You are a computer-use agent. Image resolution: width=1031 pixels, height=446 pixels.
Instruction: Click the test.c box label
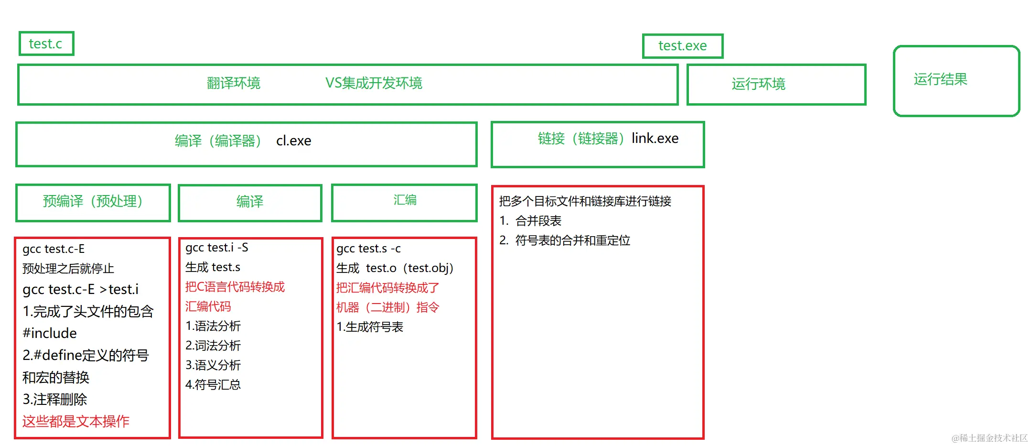(45, 44)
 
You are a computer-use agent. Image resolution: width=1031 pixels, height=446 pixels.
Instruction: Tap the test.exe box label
(682, 46)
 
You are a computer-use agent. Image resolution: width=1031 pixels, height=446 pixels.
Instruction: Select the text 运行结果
(940, 79)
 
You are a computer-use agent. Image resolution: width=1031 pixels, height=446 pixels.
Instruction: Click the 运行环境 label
(758, 84)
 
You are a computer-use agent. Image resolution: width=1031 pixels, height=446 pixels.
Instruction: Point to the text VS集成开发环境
(374, 83)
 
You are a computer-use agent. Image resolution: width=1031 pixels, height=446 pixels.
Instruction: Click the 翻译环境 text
(234, 83)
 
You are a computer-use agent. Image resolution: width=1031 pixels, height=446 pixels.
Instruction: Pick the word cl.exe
(293, 141)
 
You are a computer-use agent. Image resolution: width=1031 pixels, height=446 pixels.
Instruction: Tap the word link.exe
(655, 139)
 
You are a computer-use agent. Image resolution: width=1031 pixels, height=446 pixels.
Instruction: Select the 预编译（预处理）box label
(93, 201)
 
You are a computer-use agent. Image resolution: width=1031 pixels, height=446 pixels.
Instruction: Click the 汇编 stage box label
(405, 200)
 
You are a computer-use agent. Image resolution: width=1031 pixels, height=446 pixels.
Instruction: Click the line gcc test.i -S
(217, 248)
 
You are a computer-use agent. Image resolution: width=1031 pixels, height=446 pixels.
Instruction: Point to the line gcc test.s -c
(368, 249)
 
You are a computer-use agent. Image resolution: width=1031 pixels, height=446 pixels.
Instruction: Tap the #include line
(50, 333)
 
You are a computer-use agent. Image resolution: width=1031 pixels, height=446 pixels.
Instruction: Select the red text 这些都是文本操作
(76, 421)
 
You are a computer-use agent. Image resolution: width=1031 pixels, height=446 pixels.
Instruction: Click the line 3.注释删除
(55, 399)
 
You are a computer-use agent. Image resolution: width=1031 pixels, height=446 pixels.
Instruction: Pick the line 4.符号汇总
(213, 385)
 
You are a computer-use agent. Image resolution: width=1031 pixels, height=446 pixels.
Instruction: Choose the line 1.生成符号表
(370, 327)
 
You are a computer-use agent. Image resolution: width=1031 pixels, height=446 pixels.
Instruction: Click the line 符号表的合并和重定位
(572, 240)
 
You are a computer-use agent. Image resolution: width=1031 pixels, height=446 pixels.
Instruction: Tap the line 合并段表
(538, 221)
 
